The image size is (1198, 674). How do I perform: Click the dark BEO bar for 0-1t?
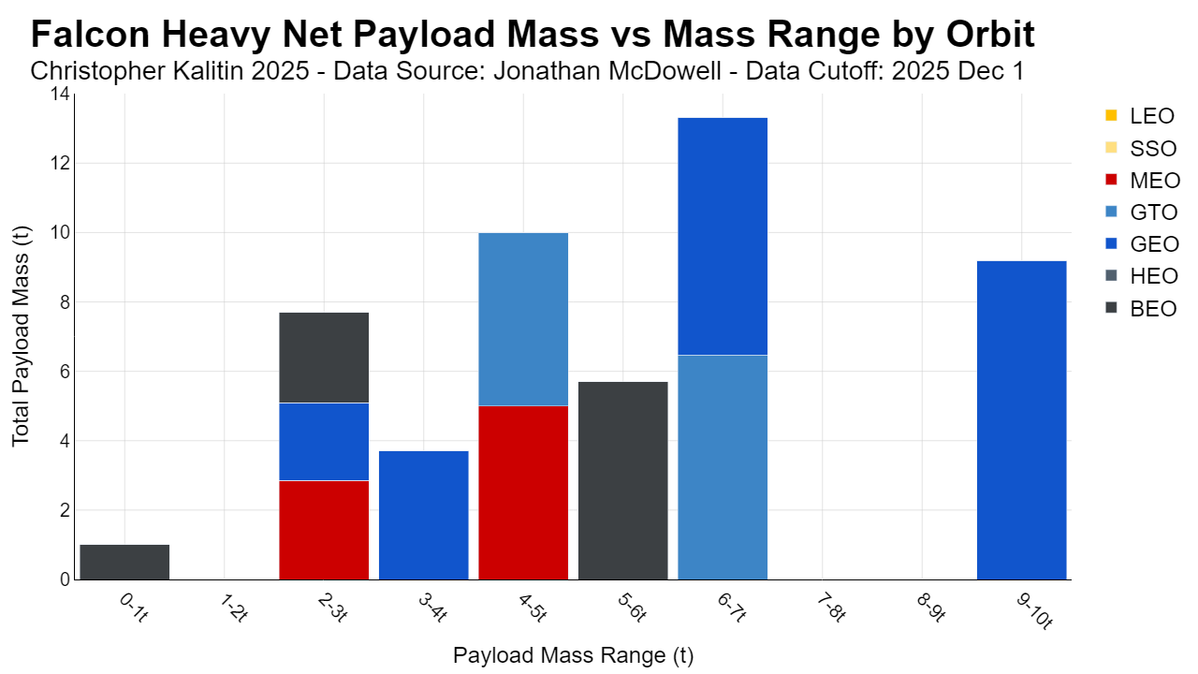click(x=124, y=563)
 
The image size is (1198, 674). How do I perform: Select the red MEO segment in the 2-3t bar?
click(x=324, y=530)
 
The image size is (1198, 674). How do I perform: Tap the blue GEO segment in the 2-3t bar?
click(x=324, y=442)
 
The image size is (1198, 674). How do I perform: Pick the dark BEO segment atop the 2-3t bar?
click(x=324, y=358)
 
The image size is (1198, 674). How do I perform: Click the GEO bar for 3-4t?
click(x=424, y=516)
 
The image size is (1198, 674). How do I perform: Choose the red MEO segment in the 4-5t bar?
click(x=523, y=492)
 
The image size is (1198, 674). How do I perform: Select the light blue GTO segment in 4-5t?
click(x=523, y=319)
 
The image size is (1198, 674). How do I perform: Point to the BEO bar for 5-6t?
click(x=623, y=481)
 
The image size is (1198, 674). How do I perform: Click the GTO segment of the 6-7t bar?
click(x=723, y=467)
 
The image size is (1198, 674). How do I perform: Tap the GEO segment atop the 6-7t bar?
click(x=723, y=237)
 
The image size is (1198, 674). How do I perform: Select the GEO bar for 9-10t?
click(x=1021, y=420)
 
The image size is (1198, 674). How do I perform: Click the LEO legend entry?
click(x=1140, y=115)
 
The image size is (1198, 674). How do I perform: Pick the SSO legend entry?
click(x=1141, y=148)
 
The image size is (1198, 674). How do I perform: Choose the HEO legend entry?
click(x=1141, y=276)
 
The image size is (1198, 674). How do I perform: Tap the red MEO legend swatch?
click(x=1111, y=180)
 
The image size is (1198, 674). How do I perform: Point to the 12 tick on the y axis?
click(x=61, y=163)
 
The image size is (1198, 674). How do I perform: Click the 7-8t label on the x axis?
click(x=831, y=608)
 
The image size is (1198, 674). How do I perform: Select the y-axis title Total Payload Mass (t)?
click(x=21, y=336)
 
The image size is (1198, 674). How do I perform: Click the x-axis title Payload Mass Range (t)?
click(x=573, y=655)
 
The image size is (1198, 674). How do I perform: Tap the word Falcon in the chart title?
click(x=90, y=35)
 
